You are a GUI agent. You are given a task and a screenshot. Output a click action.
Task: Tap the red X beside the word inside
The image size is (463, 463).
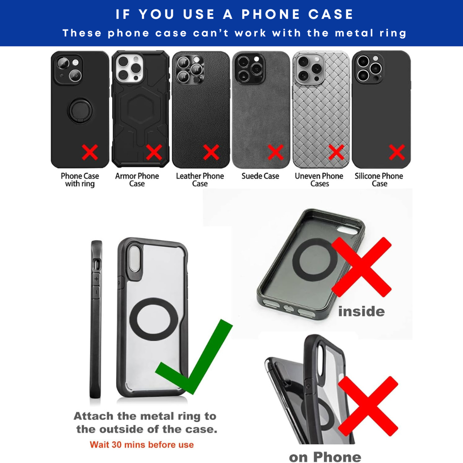click(x=361, y=267)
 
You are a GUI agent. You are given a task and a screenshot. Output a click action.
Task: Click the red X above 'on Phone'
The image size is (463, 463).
click(x=368, y=406)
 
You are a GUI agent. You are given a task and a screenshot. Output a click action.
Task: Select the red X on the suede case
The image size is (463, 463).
click(x=275, y=152)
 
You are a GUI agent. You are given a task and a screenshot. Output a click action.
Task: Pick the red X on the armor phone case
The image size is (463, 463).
click(x=154, y=152)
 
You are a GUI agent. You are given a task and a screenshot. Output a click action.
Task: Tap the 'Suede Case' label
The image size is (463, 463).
click(x=260, y=176)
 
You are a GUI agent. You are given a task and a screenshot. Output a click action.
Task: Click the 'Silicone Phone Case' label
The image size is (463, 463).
click(x=379, y=180)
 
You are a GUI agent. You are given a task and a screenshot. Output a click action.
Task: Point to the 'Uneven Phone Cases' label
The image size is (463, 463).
click(x=319, y=180)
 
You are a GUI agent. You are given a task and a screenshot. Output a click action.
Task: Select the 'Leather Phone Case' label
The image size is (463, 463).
click(x=200, y=180)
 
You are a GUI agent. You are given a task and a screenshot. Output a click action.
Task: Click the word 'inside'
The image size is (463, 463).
click(x=361, y=312)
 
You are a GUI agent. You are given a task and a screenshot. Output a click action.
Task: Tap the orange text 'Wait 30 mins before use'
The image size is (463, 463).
click(x=142, y=445)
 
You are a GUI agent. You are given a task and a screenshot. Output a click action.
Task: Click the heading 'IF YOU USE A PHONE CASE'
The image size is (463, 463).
click(x=235, y=14)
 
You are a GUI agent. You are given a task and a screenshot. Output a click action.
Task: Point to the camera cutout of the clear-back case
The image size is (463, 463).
click(x=134, y=259)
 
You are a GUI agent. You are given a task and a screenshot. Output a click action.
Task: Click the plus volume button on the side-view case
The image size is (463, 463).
click(x=96, y=279)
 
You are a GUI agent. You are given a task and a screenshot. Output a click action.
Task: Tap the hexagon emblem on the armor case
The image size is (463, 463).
click(x=140, y=109)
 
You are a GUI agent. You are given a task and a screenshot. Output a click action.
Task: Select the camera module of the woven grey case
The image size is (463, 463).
click(x=309, y=69)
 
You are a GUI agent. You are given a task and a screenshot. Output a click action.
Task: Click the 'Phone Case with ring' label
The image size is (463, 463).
click(x=80, y=180)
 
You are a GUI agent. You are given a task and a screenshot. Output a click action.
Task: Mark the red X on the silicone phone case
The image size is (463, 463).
click(x=397, y=152)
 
